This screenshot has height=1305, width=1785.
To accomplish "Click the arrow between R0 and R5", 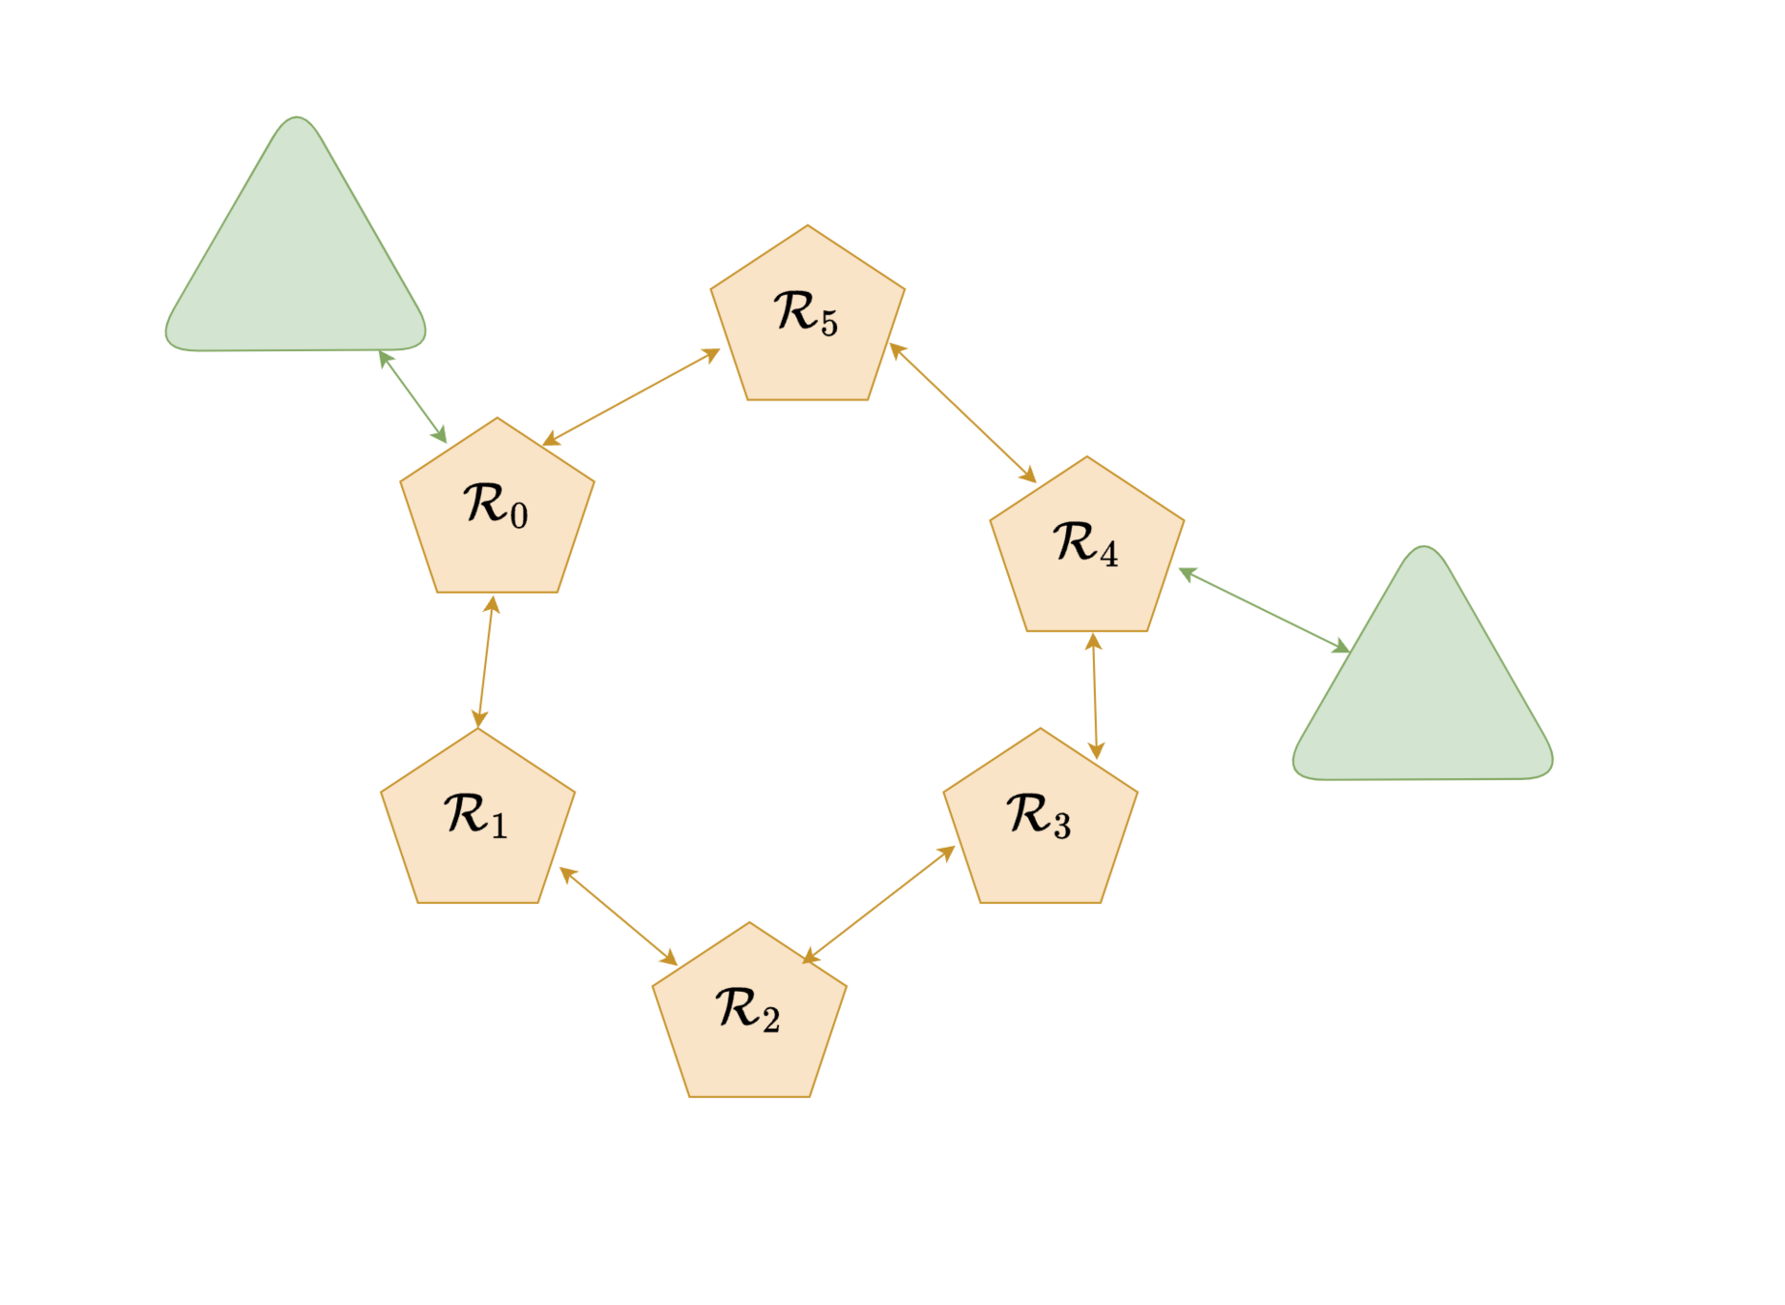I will (x=631, y=397).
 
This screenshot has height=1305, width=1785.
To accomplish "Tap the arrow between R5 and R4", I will (x=963, y=412).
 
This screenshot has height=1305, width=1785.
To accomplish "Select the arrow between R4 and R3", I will (x=1095, y=696).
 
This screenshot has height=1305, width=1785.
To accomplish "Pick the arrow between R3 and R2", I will (x=878, y=905).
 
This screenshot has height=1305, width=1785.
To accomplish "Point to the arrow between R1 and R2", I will (x=619, y=915).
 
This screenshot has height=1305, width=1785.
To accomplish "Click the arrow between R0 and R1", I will (x=485, y=662).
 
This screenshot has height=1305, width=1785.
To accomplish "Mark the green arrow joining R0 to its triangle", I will (x=413, y=396).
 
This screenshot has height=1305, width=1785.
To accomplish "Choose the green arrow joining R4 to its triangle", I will (x=1264, y=611).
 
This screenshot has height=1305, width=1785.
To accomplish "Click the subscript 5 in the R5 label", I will (x=829, y=324).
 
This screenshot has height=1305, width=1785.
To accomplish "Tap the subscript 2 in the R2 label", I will (x=771, y=1021).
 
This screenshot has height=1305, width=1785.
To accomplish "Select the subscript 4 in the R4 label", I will (x=1108, y=555).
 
